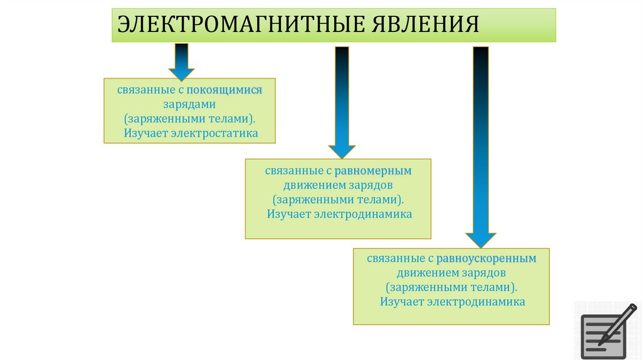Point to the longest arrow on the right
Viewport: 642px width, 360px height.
tap(481, 144)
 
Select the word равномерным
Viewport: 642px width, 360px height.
tap(372, 171)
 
